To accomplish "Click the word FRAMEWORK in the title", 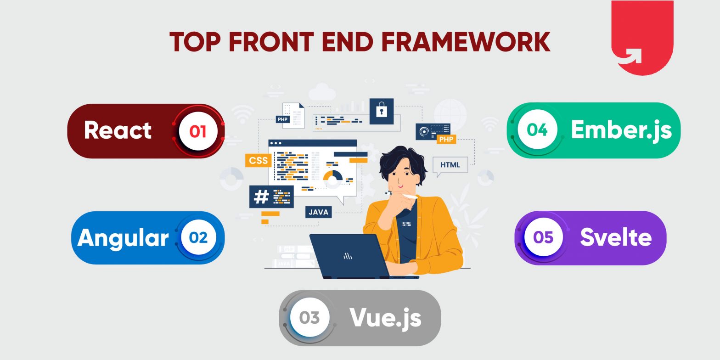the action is (466, 42).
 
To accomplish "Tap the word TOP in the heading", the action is (195, 42).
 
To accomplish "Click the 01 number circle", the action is (198, 131).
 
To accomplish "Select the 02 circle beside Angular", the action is (198, 237).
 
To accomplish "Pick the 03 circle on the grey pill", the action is (309, 318).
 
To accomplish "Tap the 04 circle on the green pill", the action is (537, 129).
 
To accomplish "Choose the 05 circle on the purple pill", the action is (544, 237).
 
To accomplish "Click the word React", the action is (118, 130).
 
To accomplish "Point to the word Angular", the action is (123, 238).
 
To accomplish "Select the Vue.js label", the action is (385, 318).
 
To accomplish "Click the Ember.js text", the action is (621, 130).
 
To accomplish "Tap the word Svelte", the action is (616, 237).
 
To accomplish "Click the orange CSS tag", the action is (259, 160).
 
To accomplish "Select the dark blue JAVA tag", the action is (318, 212).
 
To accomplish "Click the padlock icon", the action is (382, 111).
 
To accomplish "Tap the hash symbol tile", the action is (261, 197).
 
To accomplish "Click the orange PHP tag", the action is (446, 139).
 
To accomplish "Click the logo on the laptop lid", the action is (348, 256).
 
